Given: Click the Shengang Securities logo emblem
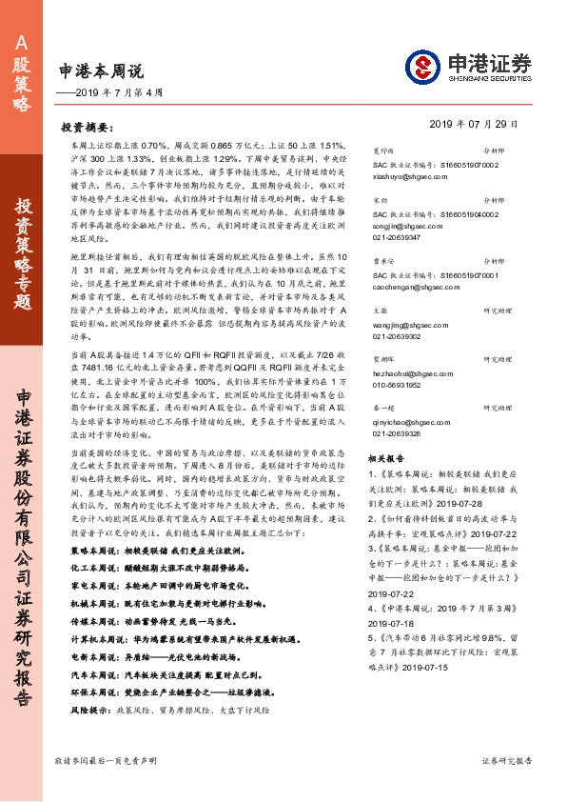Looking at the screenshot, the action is [x=422, y=68].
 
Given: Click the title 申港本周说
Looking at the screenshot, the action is [x=101, y=70].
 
